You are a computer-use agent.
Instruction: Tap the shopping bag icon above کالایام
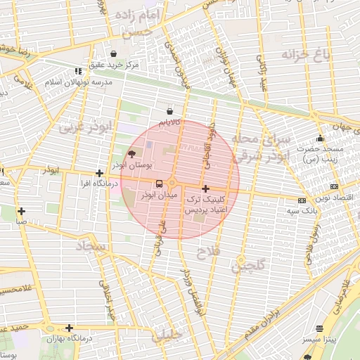point(169,111)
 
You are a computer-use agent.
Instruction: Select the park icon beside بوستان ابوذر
point(131,155)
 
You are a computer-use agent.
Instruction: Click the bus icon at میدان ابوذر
point(157,184)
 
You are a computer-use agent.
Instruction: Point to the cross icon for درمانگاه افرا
point(100,173)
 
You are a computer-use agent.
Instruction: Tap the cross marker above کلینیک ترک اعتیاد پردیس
point(205,188)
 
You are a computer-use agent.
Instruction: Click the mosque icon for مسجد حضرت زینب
point(321,139)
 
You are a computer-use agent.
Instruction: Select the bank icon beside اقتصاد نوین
point(333,186)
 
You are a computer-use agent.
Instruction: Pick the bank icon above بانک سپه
point(302,200)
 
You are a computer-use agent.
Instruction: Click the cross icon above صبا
point(22,211)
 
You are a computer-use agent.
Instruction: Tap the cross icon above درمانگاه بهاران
point(69,328)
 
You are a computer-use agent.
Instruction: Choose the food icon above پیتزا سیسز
point(320,328)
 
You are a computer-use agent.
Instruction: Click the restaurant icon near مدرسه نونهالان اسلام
point(77,71)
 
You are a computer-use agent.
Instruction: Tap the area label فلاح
point(209,250)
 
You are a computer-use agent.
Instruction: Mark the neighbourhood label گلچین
point(249,266)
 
